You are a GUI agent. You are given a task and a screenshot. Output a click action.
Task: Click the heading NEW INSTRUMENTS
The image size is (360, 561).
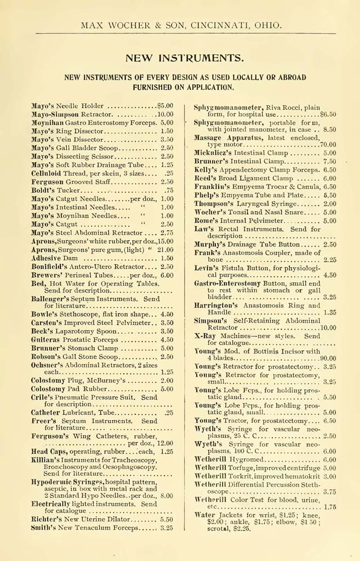click(185, 58)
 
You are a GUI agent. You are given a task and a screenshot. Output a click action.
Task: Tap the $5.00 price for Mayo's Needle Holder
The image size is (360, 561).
click(164, 106)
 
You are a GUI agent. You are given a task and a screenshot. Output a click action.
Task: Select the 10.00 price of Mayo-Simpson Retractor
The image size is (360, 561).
click(165, 115)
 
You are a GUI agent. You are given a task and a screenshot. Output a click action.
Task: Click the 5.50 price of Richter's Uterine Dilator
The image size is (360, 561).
click(167, 519)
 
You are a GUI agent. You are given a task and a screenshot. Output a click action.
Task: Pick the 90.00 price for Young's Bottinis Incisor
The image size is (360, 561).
click(328, 358)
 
